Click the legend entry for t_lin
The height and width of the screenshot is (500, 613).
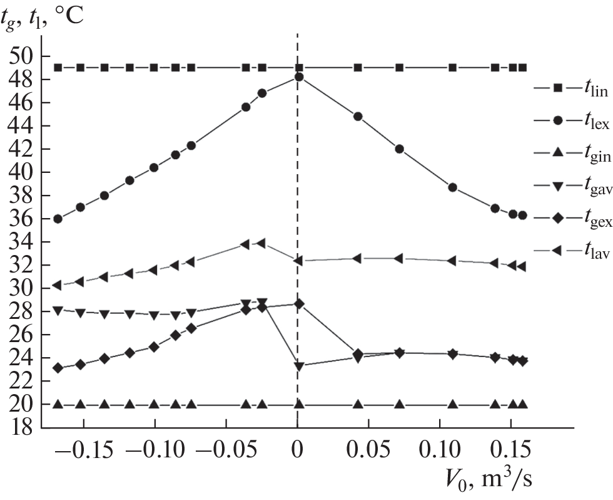tap(569, 90)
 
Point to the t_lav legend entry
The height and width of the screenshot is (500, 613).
tap(569, 254)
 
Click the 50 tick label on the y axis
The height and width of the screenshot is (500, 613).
tap(21, 56)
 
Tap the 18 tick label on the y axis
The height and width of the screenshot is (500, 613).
tap(21, 428)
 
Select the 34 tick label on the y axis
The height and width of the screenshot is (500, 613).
tap(21, 242)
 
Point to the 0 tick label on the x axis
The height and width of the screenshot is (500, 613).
tap(298, 451)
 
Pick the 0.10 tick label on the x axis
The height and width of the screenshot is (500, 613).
tap(439, 451)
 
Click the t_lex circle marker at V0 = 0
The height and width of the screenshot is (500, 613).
tap(299, 77)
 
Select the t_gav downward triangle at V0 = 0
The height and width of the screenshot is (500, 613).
tap(299, 366)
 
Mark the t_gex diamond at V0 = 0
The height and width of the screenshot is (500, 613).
tap(299, 304)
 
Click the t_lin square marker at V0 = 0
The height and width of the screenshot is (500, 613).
tap(299, 68)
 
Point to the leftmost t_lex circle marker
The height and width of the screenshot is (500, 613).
tap(58, 219)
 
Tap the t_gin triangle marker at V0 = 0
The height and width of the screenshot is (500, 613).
tap(299, 404)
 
